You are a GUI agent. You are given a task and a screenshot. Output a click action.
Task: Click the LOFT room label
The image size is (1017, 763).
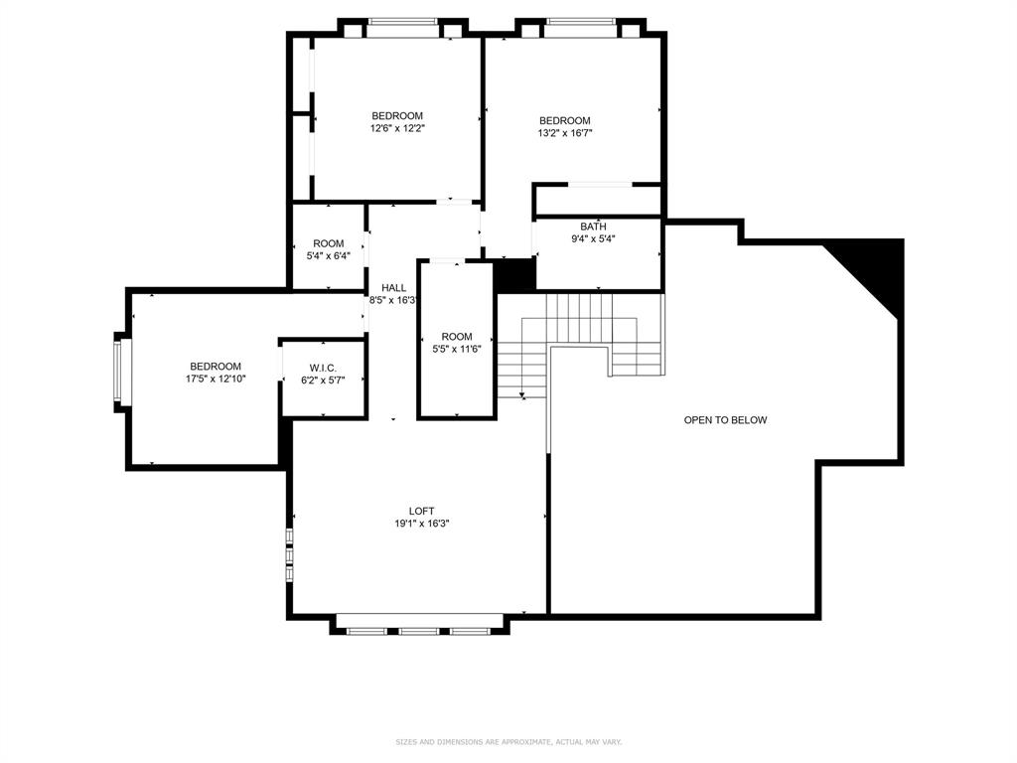click(422, 511)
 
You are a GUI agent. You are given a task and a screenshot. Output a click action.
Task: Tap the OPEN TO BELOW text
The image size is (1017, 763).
click(725, 420)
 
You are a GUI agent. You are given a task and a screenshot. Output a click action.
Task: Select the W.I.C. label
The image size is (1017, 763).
click(324, 368)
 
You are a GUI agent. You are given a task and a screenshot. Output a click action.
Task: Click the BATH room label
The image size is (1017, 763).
click(593, 227)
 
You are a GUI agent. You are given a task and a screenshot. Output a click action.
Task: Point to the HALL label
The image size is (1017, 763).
click(380, 287)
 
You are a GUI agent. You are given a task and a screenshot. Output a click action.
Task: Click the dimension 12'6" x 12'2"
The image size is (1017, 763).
click(397, 128)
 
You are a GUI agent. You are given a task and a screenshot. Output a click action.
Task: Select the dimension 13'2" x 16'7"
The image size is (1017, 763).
click(564, 132)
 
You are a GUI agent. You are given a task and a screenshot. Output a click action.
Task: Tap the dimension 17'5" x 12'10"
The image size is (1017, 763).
click(216, 379)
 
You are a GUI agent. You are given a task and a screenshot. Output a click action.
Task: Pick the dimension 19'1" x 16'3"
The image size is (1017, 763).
click(422, 524)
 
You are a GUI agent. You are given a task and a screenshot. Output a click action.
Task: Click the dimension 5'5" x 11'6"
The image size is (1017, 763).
click(457, 349)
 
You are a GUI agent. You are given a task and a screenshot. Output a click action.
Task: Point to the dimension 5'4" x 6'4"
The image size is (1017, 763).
click(329, 255)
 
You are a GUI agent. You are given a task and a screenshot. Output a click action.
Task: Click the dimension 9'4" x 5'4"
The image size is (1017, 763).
click(593, 238)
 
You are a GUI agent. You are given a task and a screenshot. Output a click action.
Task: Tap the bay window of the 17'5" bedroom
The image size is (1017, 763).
click(121, 373)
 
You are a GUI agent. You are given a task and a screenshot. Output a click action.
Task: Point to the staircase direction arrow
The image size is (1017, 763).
click(522, 394)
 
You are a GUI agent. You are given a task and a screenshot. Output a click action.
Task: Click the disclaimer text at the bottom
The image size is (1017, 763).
click(508, 741)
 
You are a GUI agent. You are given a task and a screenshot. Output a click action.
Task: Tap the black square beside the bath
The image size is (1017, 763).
click(514, 274)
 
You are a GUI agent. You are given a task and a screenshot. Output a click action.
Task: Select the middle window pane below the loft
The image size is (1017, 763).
click(419, 630)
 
